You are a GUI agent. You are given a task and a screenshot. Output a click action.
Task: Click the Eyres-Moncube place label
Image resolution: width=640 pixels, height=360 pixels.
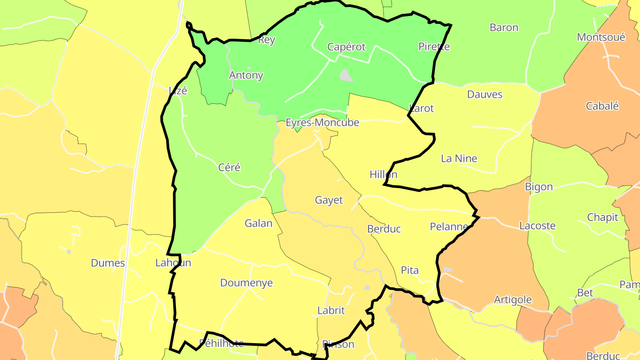coord(322,123)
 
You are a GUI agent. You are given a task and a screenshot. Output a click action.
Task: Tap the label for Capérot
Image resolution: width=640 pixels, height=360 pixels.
coord(346,47)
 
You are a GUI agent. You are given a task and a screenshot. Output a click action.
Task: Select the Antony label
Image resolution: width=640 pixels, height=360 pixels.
coord(246,75)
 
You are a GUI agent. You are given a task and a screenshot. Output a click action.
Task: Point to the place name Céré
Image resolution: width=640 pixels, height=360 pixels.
coord(229,168)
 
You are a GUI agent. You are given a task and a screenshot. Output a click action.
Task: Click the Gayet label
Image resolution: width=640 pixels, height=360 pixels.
coord(329,200)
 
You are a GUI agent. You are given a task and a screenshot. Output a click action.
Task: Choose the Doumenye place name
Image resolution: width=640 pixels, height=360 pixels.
coord(246,283)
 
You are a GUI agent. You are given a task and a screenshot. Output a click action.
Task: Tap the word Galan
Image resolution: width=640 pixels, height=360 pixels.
coord(258,223)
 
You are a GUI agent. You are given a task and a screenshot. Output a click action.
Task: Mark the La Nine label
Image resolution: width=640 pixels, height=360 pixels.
coord(459,158)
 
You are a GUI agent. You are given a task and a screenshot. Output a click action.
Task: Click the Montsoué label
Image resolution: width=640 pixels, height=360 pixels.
coord(601,37)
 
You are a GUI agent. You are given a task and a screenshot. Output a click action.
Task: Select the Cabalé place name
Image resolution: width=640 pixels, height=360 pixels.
coord(602,106)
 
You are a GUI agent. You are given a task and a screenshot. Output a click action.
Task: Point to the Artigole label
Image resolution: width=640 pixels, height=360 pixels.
coord(513,300)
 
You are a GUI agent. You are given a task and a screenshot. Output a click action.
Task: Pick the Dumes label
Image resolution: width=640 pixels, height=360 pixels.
coord(108,263)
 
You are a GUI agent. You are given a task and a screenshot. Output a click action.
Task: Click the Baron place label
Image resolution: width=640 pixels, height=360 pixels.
coord(504,28)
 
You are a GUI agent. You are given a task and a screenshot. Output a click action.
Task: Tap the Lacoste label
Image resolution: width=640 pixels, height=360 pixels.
coord(537,226)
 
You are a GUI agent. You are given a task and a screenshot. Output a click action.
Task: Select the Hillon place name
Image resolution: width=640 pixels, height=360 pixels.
coord(384,175)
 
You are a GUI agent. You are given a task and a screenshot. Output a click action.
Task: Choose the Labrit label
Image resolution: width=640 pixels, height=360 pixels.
coord(331,310)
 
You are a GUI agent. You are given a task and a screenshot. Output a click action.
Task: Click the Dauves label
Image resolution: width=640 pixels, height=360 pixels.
coord(485,94)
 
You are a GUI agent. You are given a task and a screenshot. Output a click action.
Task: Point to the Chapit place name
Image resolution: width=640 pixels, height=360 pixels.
coord(603,217)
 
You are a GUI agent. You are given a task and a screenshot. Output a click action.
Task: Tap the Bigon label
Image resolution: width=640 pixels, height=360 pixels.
coord(539,187)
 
